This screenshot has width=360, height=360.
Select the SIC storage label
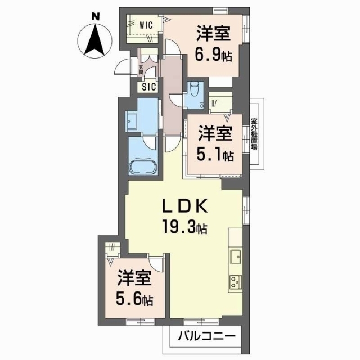[148, 87]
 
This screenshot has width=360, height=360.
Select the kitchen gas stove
[235, 281]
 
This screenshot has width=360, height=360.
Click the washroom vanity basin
[132, 120]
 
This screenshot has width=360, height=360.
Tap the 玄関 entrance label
[141, 70]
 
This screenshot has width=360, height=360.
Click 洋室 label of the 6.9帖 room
[213, 34]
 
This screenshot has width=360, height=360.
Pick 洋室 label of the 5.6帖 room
[134, 278]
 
